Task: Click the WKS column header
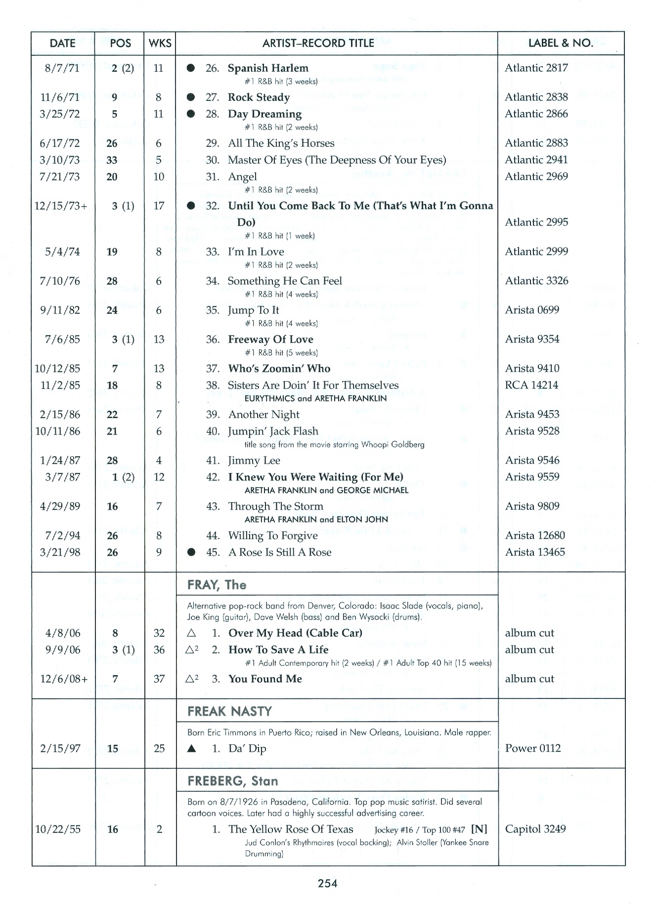(x=160, y=43)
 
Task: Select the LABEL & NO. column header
(x=561, y=43)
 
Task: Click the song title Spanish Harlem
(x=267, y=68)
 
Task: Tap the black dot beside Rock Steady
(x=191, y=97)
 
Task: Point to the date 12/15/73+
(x=60, y=206)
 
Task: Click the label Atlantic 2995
(x=536, y=222)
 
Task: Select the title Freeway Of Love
(x=270, y=340)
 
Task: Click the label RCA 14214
(x=531, y=385)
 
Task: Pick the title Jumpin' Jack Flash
(x=273, y=431)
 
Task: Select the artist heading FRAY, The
(x=217, y=585)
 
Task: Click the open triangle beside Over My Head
(x=192, y=633)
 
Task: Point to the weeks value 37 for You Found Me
(x=159, y=679)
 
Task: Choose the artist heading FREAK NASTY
(x=229, y=711)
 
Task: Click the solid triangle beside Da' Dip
(x=192, y=749)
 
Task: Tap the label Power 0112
(x=533, y=748)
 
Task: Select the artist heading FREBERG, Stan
(x=232, y=782)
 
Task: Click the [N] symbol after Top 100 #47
(x=479, y=829)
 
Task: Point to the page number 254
(x=328, y=883)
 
